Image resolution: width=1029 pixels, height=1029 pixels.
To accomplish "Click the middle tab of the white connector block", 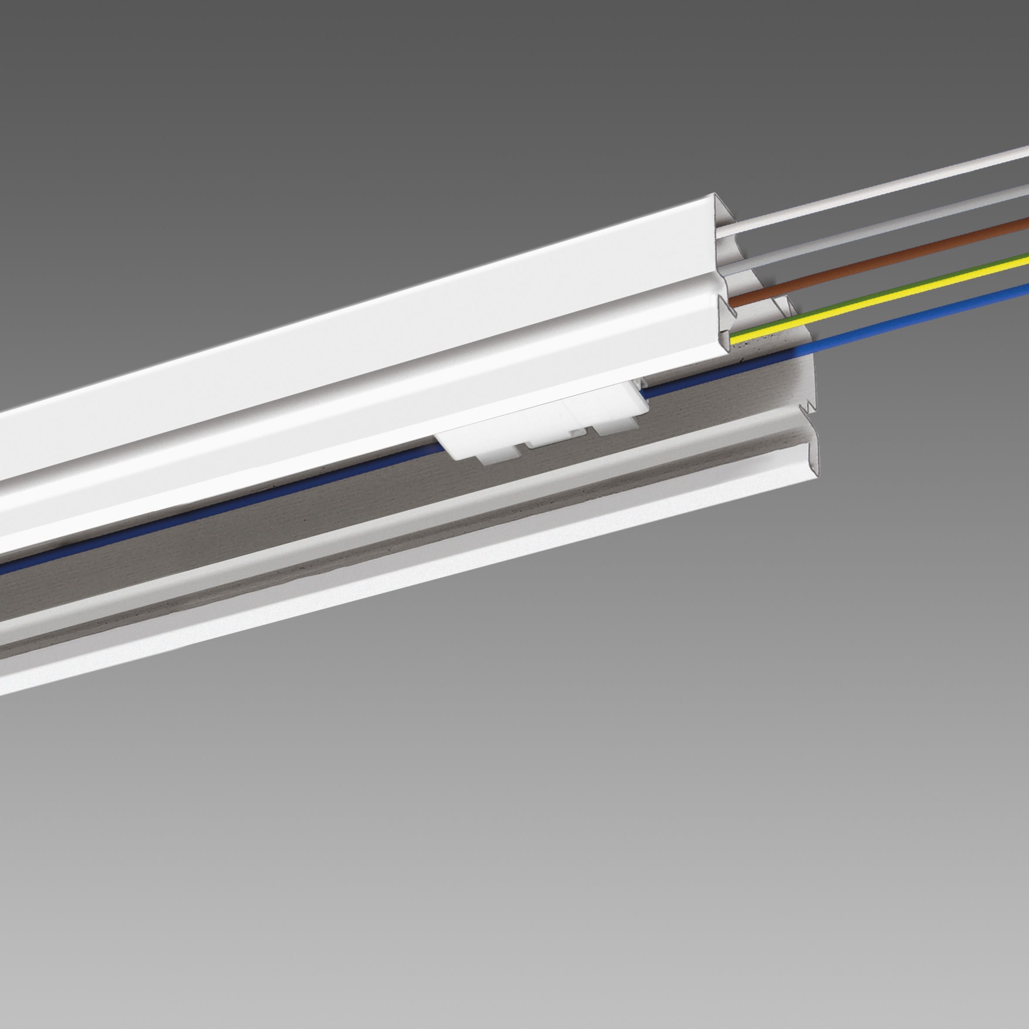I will pyautogui.click(x=554, y=440).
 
